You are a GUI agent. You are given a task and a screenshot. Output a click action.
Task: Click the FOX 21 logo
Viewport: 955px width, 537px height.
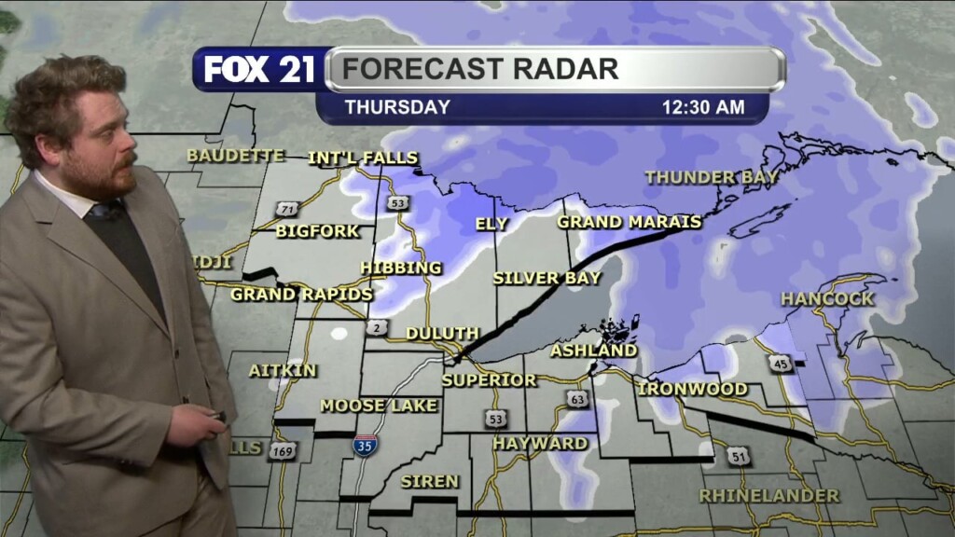click(x=259, y=70)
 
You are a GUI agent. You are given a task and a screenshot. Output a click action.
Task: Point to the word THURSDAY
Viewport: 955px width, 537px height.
click(x=397, y=107)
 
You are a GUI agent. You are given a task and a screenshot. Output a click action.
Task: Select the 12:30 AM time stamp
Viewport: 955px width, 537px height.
click(x=703, y=107)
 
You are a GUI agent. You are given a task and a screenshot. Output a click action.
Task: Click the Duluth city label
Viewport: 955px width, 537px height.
click(x=442, y=333)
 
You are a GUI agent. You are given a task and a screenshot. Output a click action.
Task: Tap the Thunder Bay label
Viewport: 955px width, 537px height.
click(x=703, y=177)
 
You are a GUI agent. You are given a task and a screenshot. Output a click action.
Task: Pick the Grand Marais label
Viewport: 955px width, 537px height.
click(x=630, y=222)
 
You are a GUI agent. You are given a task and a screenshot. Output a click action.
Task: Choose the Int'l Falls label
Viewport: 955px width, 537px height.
click(x=363, y=158)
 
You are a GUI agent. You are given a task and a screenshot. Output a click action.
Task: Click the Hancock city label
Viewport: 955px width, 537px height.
click(x=827, y=299)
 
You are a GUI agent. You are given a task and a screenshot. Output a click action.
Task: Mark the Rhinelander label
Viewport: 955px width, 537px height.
click(x=769, y=495)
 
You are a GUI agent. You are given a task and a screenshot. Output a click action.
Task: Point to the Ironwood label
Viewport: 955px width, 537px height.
click(x=693, y=388)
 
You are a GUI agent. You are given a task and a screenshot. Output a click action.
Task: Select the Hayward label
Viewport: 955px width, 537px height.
click(x=540, y=443)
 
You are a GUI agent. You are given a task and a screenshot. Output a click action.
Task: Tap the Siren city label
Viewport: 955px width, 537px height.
click(x=429, y=481)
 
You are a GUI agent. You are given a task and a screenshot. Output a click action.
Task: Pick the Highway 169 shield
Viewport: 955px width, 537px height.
click(x=282, y=451)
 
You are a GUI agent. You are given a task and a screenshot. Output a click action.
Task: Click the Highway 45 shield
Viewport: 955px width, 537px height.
click(x=782, y=364)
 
